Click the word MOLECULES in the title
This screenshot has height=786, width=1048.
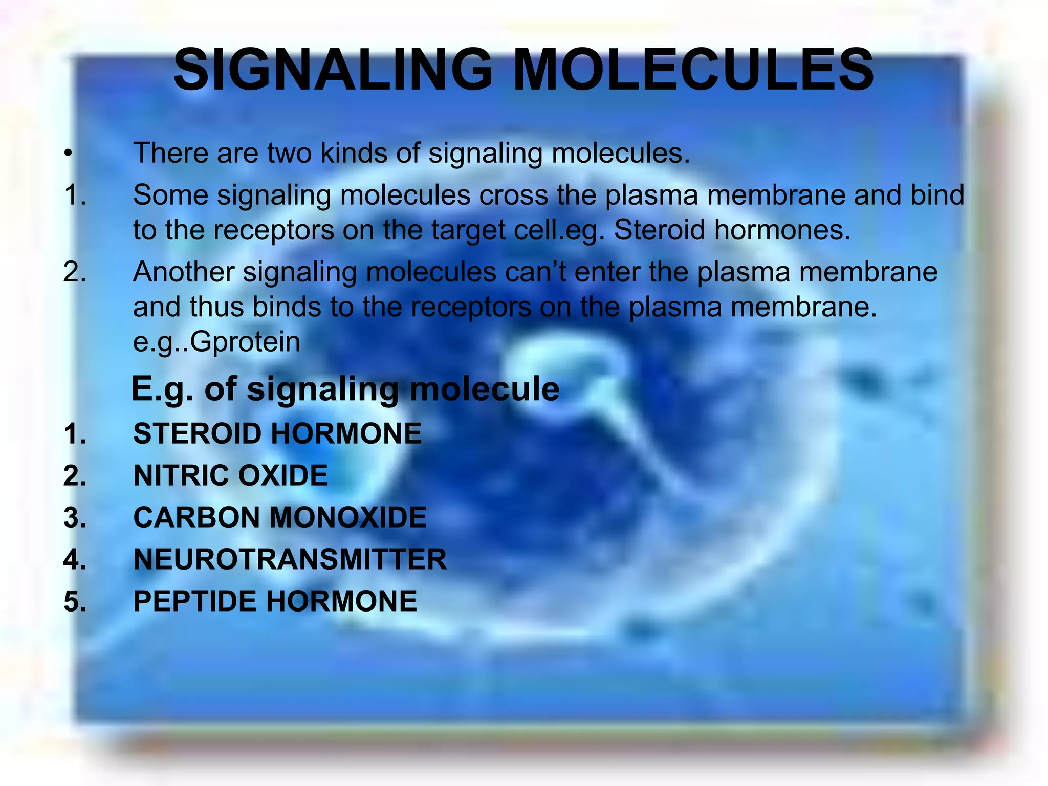click(x=693, y=70)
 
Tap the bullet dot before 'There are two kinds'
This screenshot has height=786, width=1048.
click(x=68, y=154)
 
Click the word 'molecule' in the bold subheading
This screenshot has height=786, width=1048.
click(x=485, y=389)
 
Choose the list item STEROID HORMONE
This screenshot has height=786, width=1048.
click(x=277, y=433)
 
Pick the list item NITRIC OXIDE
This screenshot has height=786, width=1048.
click(x=230, y=475)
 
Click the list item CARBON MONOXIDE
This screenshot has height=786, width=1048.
click(x=280, y=517)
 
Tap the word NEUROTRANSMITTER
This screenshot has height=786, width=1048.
click(x=290, y=559)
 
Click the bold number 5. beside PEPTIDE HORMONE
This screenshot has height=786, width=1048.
click(x=75, y=601)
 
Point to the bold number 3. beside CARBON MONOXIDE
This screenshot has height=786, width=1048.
click(x=75, y=517)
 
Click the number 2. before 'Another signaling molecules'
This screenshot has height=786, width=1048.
click(x=75, y=272)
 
